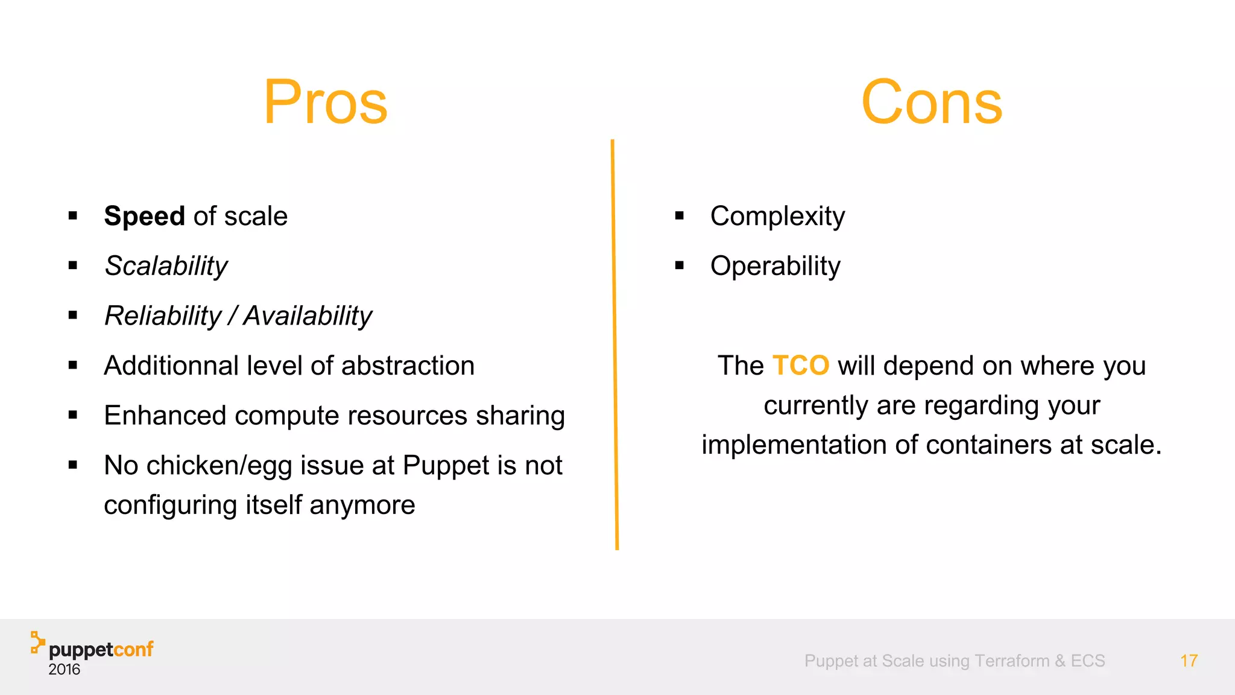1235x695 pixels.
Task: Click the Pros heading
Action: tap(326, 103)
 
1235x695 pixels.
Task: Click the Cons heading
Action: tap(932, 103)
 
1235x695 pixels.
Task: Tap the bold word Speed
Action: tap(144, 216)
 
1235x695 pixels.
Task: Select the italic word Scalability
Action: tap(166, 266)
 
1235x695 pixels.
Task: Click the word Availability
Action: tap(308, 316)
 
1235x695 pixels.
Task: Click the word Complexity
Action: tap(777, 216)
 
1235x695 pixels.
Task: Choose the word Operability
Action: tap(775, 266)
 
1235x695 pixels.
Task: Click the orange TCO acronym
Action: tap(801, 366)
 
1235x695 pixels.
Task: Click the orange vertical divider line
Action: tap(614, 344)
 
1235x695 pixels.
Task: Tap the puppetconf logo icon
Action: tap(37, 643)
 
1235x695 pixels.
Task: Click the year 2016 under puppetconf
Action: tap(64, 670)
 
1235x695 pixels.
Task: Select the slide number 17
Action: tap(1189, 661)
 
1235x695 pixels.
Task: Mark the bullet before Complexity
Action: tap(680, 215)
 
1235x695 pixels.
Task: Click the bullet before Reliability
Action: tap(73, 315)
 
